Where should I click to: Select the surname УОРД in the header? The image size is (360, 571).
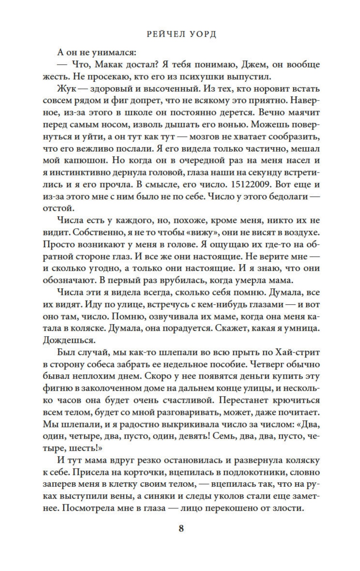[x=203, y=34]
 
